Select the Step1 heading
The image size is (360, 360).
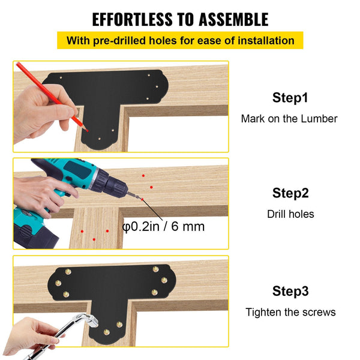click(x=290, y=98)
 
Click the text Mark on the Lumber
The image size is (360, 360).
click(x=289, y=119)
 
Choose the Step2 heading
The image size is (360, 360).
click(x=290, y=193)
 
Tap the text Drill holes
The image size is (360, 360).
click(x=290, y=214)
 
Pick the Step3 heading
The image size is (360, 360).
click(x=290, y=292)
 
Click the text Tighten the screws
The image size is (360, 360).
click(x=290, y=312)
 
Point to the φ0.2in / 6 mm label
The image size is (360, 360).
click(x=163, y=227)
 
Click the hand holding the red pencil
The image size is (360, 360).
click(x=39, y=117)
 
